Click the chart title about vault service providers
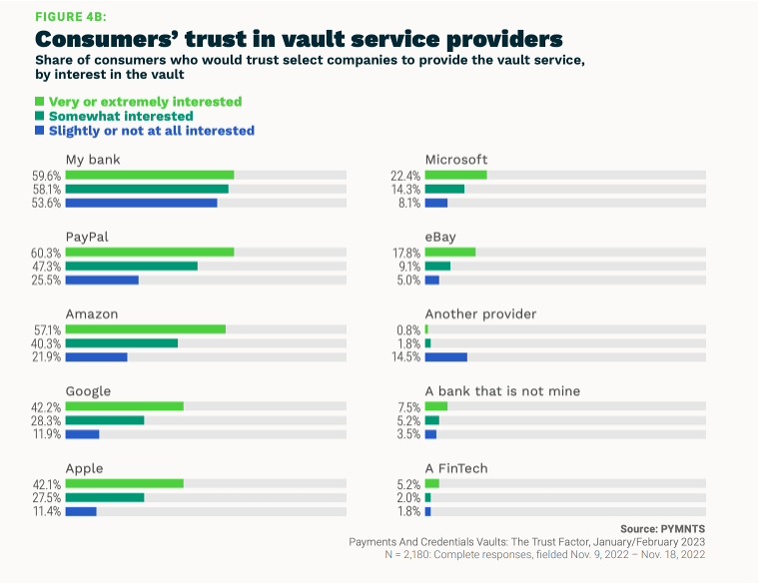[299, 39]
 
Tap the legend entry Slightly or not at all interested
[144, 131]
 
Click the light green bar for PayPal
[150, 253]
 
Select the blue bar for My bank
[141, 203]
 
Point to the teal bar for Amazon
[122, 343]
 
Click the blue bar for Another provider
[445, 357]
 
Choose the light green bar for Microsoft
[455, 175]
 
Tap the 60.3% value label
[47, 253]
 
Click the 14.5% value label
[406, 357]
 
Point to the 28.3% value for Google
[47, 420]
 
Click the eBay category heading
[441, 237]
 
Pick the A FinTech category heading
[457, 468]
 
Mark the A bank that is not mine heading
[502, 391]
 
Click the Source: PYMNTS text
[661, 528]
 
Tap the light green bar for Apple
[125, 483]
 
